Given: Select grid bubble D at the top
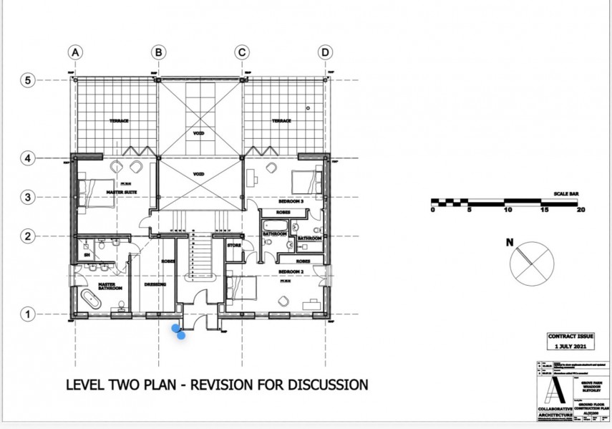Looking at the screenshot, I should (x=326, y=52).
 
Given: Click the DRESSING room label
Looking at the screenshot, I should (x=155, y=284).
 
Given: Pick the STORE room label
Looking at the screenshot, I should (x=234, y=246).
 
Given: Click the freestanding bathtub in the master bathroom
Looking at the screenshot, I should (x=92, y=300).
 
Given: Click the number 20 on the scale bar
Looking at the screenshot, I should (x=581, y=211).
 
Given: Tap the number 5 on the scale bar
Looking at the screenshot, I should (x=469, y=211).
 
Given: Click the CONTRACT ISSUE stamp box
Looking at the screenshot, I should (x=570, y=340).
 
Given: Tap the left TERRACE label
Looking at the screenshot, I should (x=119, y=121).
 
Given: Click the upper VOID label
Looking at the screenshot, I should (x=200, y=132).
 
